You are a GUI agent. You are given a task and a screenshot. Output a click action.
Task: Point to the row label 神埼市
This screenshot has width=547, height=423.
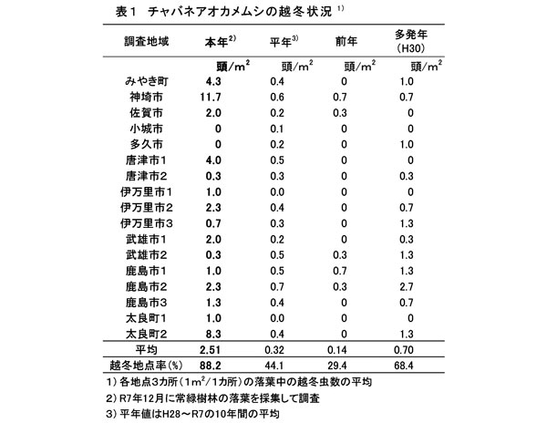tap(144, 98)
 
